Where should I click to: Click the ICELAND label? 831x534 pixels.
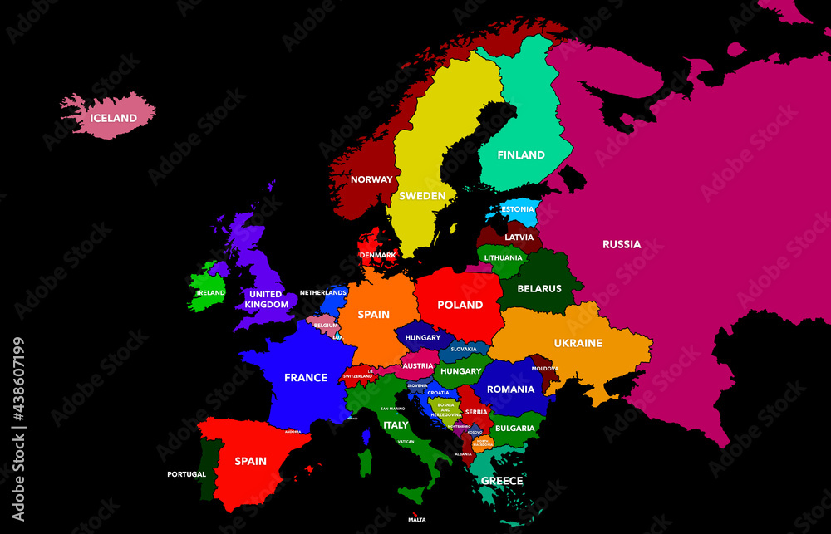(x=113, y=118)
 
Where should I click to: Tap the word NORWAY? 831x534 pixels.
(x=371, y=179)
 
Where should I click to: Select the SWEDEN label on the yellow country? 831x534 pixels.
(x=422, y=196)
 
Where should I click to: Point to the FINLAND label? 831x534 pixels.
(x=521, y=154)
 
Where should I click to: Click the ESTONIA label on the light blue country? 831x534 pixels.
(x=518, y=209)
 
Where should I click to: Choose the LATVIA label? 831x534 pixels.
(x=519, y=238)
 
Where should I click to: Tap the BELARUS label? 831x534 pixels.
(x=539, y=289)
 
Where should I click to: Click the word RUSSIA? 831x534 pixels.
(x=622, y=244)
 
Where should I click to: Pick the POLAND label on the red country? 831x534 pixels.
(x=460, y=305)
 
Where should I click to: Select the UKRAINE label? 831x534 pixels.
(x=578, y=343)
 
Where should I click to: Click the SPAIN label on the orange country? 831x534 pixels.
(x=373, y=315)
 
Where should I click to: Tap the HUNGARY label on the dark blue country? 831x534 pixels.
(x=423, y=338)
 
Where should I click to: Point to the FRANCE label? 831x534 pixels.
(x=306, y=377)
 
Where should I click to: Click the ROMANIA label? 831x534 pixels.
(x=510, y=389)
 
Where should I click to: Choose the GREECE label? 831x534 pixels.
(x=502, y=481)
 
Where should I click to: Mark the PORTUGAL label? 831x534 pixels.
(x=186, y=474)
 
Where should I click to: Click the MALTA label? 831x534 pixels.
(x=416, y=520)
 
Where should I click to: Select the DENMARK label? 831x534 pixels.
(x=377, y=255)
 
